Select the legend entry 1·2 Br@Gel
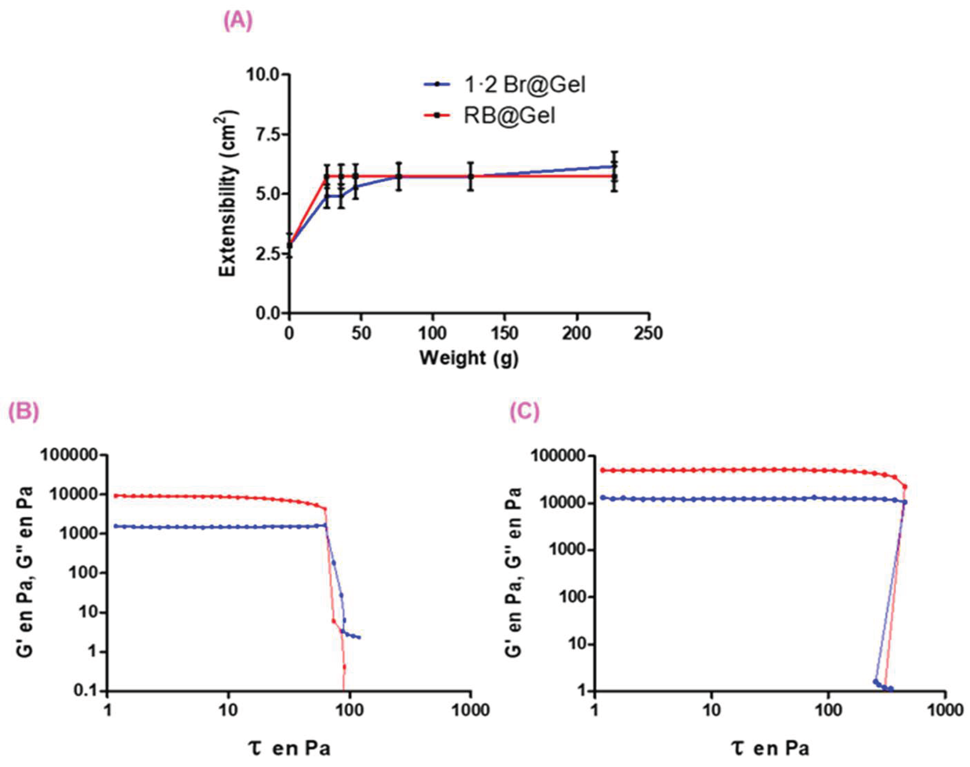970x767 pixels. (x=525, y=85)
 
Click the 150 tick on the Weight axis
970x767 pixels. (x=504, y=334)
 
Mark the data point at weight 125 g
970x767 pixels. (x=470, y=176)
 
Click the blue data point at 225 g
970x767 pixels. (x=614, y=166)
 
